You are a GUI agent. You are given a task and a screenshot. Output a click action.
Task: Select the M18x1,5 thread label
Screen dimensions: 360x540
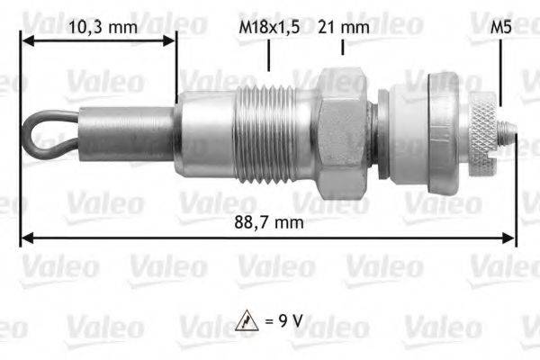click(x=269, y=27)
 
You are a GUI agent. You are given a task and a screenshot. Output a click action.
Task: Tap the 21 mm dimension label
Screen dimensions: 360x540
click(x=343, y=27)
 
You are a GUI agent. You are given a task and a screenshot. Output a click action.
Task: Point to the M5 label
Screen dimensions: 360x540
click(x=501, y=27)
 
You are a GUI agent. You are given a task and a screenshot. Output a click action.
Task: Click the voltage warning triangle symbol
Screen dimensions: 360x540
click(x=247, y=319)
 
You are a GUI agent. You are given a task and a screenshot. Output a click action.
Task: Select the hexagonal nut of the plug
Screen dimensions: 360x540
click(x=343, y=131)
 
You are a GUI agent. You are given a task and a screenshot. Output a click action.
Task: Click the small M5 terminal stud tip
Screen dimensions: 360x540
click(x=511, y=136)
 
